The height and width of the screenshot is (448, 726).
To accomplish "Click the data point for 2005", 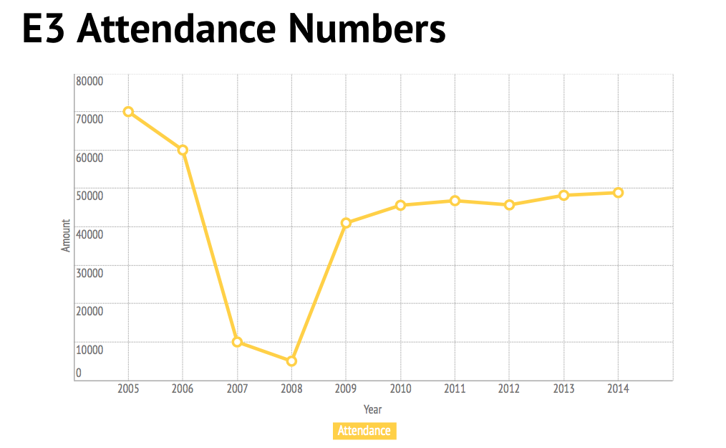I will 128,112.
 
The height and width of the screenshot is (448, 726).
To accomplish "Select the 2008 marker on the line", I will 291,361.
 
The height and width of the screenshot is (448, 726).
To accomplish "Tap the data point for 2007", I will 237,342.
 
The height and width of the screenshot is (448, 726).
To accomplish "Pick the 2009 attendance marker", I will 346,223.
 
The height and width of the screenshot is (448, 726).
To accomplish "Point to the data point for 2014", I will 618,193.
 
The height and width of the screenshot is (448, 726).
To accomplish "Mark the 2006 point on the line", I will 183,150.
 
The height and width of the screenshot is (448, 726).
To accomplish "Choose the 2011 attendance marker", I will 455,201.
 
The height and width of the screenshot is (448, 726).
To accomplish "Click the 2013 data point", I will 563,195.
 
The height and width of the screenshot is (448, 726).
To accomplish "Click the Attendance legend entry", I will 364,431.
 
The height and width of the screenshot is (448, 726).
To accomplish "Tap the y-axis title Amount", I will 66,235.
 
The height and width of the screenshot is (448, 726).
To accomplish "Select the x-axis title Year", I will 372,409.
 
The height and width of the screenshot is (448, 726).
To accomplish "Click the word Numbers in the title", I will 367,30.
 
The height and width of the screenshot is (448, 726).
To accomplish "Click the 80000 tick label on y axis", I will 89,81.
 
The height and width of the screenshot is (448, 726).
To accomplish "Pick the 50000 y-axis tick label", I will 89,196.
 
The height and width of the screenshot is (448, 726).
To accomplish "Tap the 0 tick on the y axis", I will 79,373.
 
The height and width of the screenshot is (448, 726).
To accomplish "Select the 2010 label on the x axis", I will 400,389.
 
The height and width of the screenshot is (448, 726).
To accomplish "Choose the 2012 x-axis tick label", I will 509,389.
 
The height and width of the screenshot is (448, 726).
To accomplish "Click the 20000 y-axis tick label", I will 89,311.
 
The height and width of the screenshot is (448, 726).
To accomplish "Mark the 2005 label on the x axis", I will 128,389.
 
